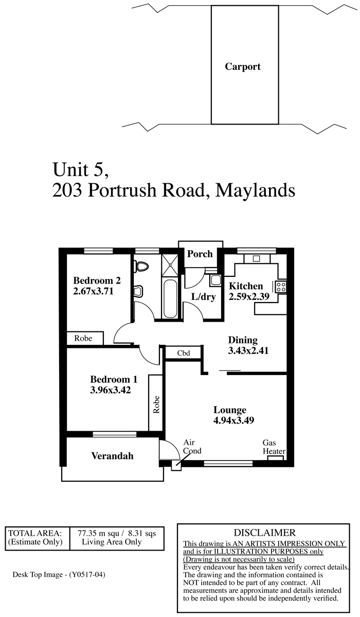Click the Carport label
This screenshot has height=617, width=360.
click(x=242, y=66)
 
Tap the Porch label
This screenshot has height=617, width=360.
click(x=200, y=254)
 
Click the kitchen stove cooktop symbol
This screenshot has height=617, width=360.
click(x=281, y=286)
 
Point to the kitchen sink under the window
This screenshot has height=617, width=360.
click(x=257, y=258)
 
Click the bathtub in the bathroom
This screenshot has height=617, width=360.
click(x=170, y=298)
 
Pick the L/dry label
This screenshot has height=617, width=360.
click(x=204, y=297)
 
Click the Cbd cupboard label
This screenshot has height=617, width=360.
click(x=184, y=353)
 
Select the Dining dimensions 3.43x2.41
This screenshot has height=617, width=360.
click(x=248, y=350)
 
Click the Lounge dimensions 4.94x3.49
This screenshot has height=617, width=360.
click(x=233, y=420)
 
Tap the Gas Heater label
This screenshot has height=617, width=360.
click(x=274, y=447)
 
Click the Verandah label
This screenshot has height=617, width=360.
click(x=112, y=456)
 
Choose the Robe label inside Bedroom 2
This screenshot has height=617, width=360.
click(x=83, y=338)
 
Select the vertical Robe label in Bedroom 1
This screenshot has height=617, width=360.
click(x=156, y=404)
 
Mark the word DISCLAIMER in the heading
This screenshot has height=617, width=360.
click(x=264, y=533)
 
